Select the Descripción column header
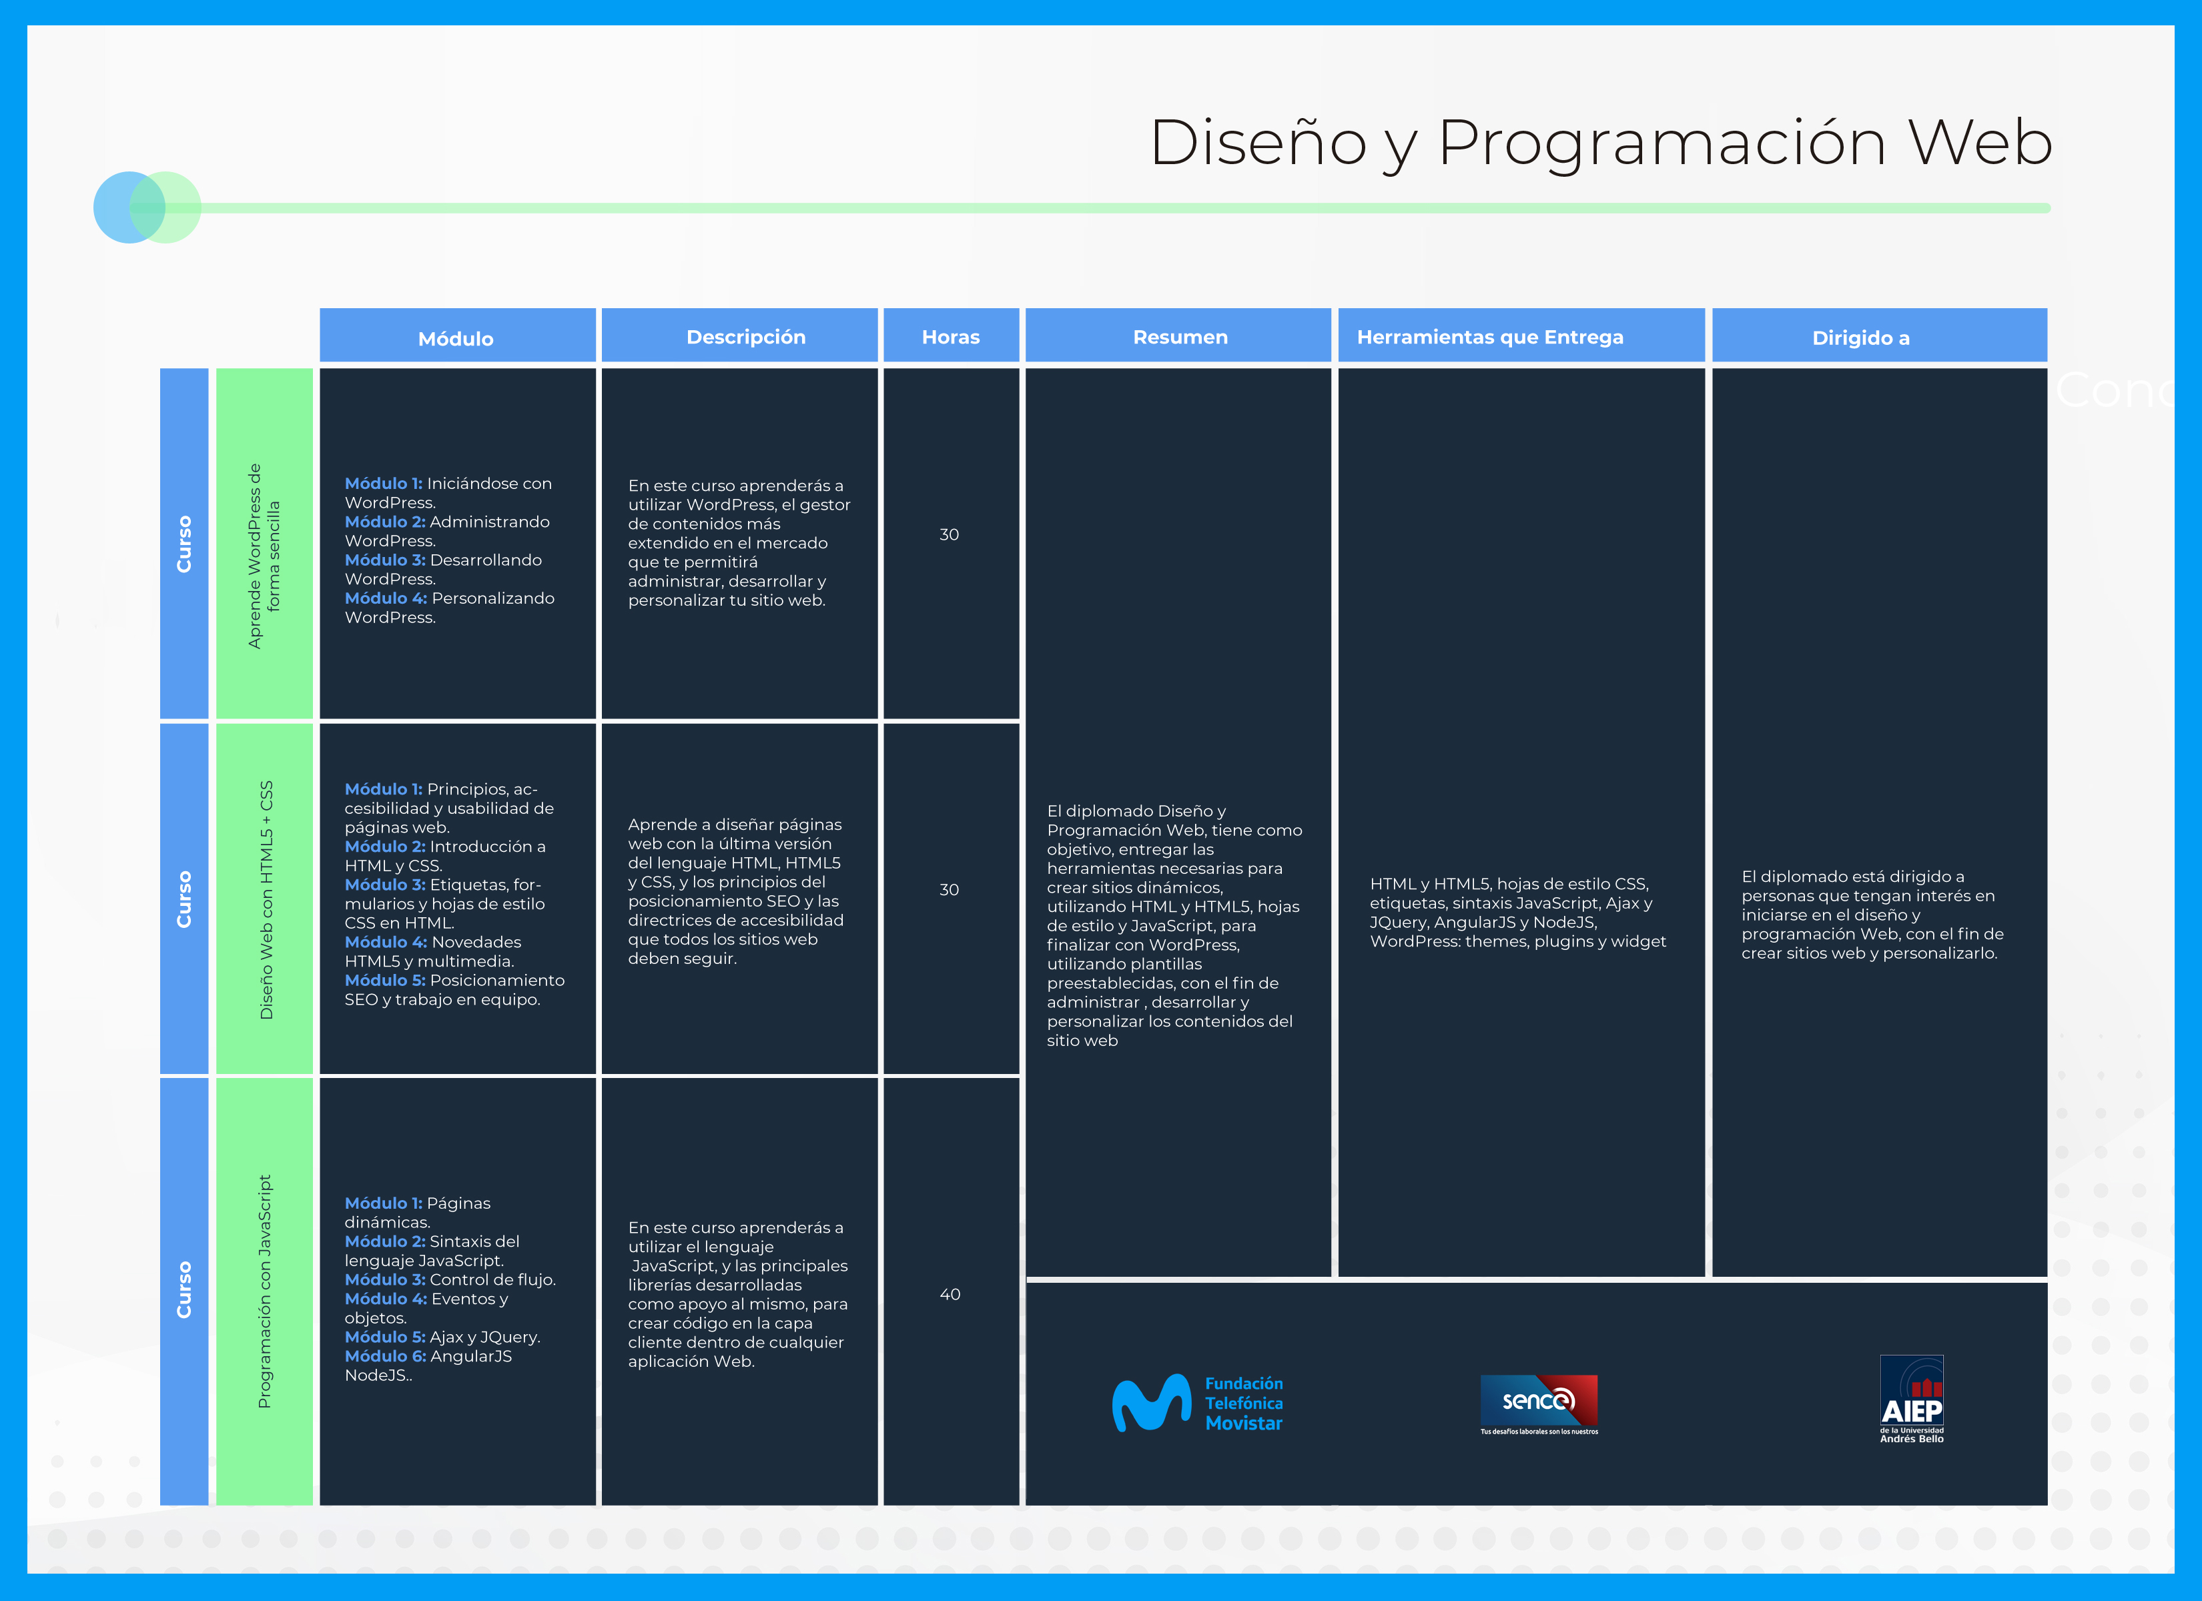click(745, 337)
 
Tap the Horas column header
click(950, 337)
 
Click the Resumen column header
click(1180, 337)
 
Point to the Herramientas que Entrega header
click(1490, 337)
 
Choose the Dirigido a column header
click(1860, 338)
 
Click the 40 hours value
click(950, 1294)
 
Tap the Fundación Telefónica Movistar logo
click(1197, 1403)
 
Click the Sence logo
click(1539, 1404)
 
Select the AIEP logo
click(1912, 1399)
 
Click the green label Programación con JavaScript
click(264, 1291)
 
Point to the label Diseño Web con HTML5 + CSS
click(266, 900)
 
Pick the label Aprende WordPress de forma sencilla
click(264, 556)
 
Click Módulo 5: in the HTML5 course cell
click(384, 981)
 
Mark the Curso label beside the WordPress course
click(183, 544)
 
